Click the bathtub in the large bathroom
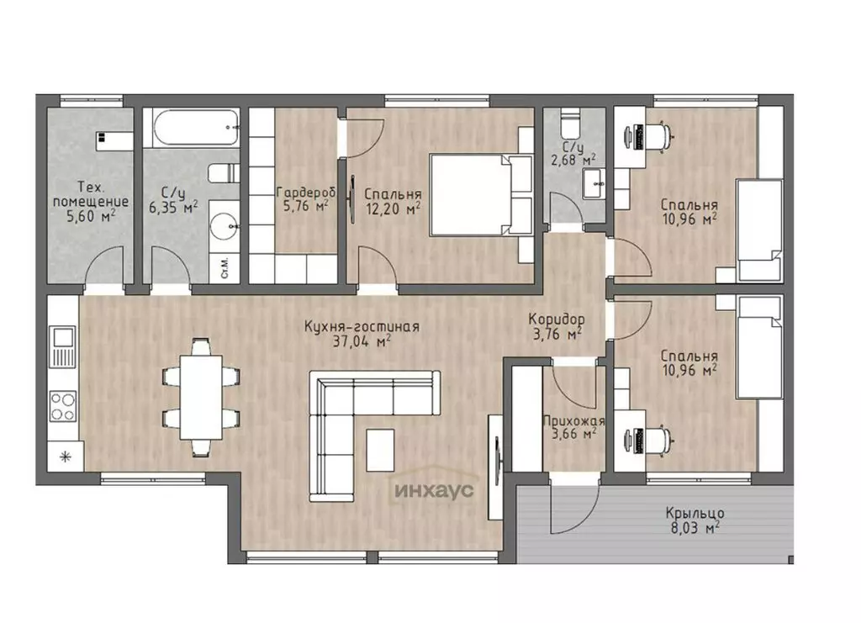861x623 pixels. (x=191, y=128)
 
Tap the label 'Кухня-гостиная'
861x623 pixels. (x=362, y=326)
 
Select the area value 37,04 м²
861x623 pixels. (x=362, y=342)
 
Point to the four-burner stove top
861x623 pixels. (x=62, y=406)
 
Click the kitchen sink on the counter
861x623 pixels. (x=62, y=347)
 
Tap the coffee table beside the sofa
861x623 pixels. (x=380, y=450)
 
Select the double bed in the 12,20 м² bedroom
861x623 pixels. (x=481, y=195)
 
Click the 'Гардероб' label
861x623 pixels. (x=306, y=193)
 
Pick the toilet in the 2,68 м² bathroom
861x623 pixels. (x=570, y=124)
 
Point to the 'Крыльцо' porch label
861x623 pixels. (x=695, y=513)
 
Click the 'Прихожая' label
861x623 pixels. (x=573, y=421)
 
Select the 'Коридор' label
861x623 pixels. (x=557, y=319)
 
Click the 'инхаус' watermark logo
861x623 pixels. (x=434, y=489)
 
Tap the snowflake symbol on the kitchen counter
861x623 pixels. (x=66, y=457)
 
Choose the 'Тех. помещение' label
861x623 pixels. (x=91, y=194)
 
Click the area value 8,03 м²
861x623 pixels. (x=695, y=528)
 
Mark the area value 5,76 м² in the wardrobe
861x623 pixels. (x=306, y=206)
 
